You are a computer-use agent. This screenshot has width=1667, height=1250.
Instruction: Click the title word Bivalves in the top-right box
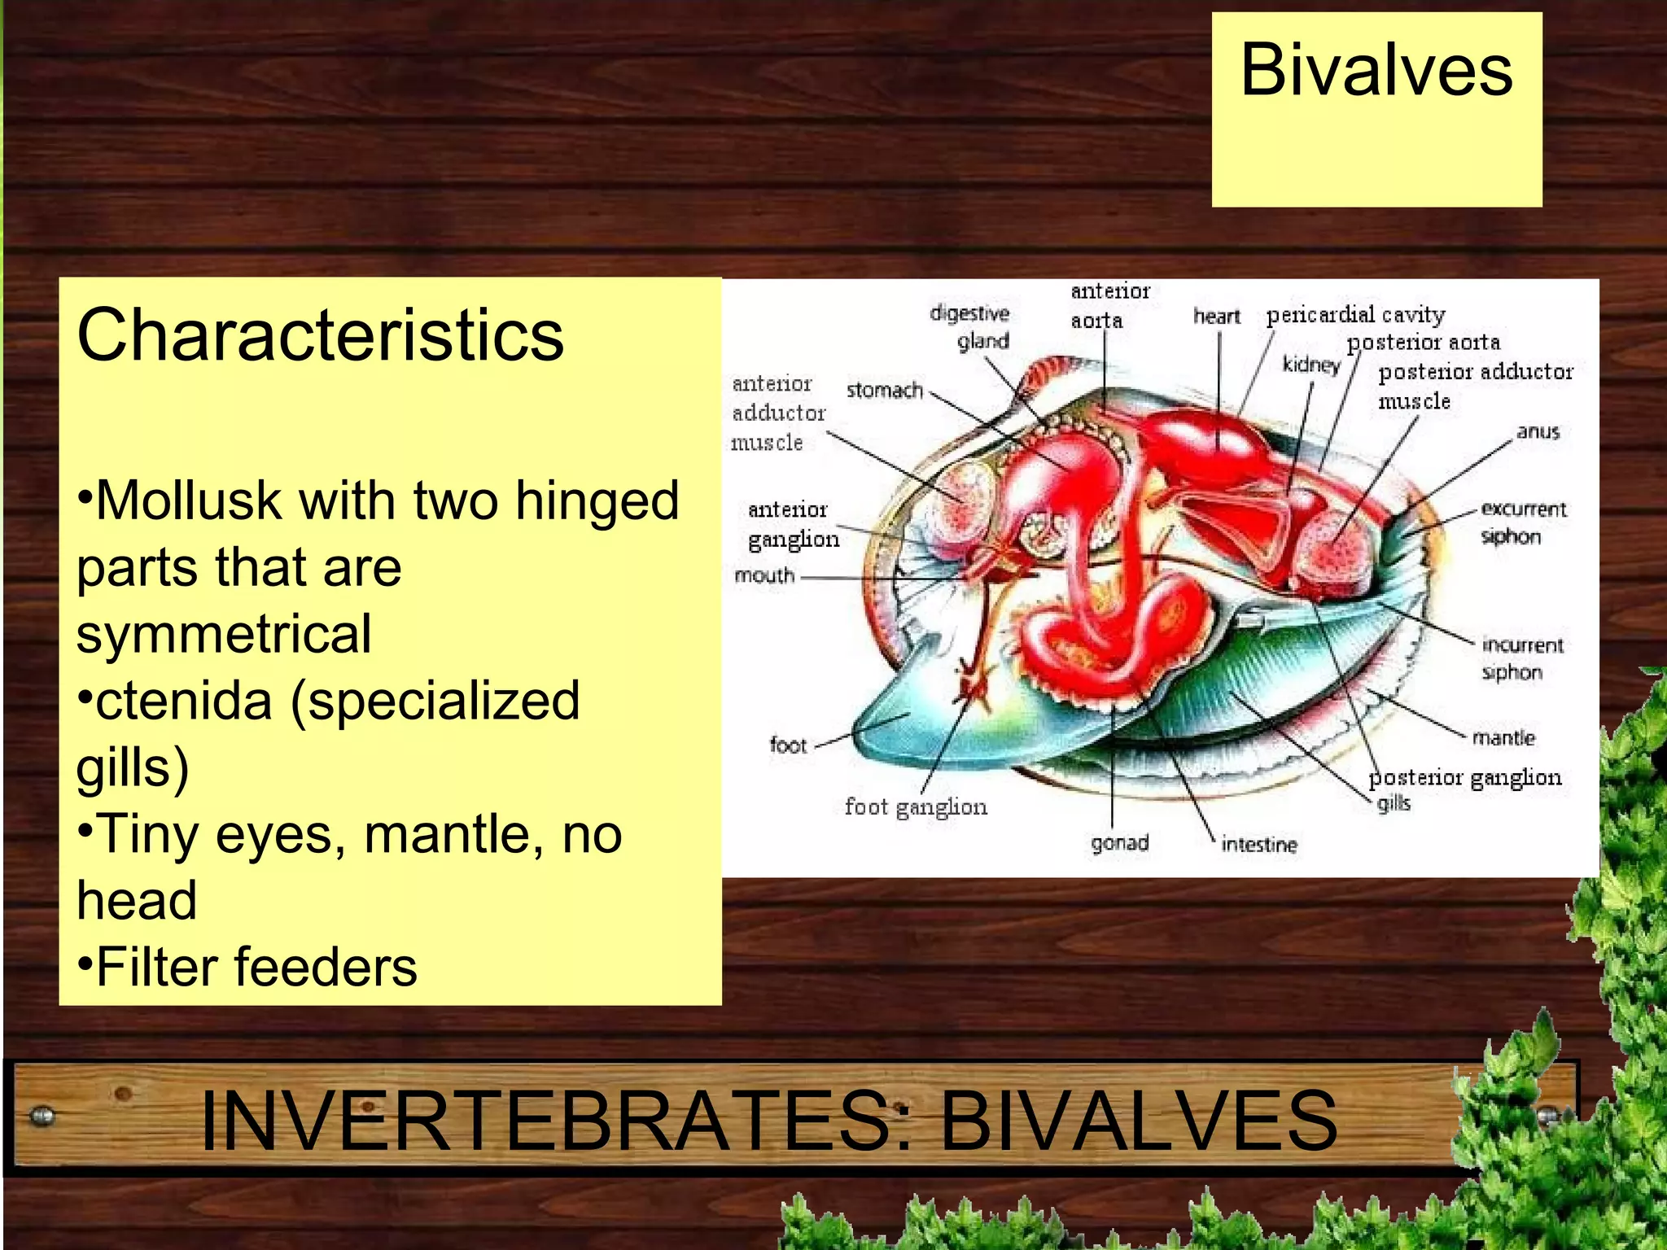click(x=1376, y=72)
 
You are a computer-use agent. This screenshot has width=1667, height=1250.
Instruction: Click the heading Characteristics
click(x=320, y=335)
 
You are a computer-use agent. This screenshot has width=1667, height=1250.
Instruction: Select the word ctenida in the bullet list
click(x=183, y=701)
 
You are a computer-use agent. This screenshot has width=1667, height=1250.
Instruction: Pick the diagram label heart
click(x=1216, y=316)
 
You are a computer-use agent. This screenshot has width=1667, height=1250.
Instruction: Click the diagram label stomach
click(x=884, y=391)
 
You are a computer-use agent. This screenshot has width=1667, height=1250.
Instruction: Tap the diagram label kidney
click(x=1310, y=364)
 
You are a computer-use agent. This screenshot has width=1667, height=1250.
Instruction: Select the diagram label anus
click(x=1537, y=431)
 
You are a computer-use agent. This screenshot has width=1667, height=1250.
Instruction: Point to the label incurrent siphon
click(x=1520, y=658)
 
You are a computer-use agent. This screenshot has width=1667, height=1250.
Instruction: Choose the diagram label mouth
click(x=763, y=575)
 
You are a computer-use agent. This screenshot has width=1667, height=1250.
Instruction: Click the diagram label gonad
click(x=1119, y=843)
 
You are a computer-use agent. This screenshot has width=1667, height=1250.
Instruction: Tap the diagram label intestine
click(x=1258, y=845)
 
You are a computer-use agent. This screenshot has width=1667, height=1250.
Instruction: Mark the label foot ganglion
click(x=915, y=807)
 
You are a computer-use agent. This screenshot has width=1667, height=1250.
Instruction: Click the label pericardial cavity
click(x=1355, y=315)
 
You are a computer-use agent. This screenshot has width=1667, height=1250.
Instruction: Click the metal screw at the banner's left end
click(x=42, y=1117)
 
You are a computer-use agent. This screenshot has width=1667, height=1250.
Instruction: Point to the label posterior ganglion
click(x=1464, y=778)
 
